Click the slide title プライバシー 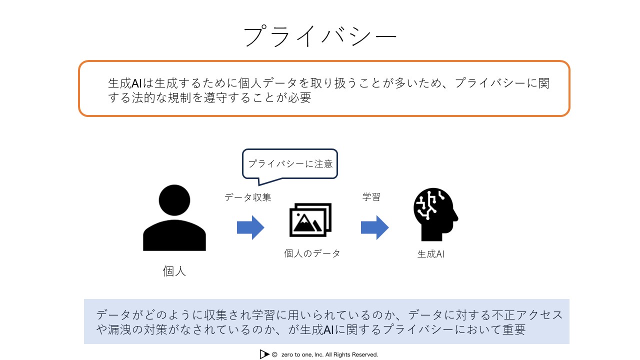319,36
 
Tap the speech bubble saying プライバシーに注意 290,164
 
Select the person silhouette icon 174,217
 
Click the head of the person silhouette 174,200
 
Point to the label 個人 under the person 174,271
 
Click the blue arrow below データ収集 250,227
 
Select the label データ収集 247,197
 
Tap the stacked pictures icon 310,219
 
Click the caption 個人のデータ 312,253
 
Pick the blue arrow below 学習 374,227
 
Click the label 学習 371,196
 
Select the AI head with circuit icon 435,214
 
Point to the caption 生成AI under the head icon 431,253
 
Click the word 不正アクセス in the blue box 527,315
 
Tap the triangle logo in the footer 264,354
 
